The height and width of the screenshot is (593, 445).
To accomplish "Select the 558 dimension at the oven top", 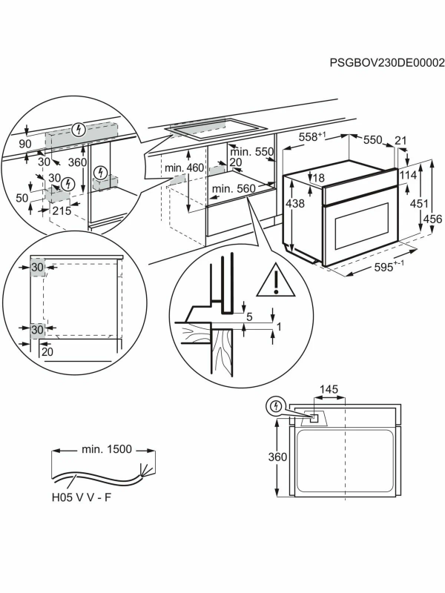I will (x=312, y=136).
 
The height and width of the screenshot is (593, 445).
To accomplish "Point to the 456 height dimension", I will (x=433, y=219).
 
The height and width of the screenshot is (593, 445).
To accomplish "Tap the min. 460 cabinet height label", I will (x=184, y=168).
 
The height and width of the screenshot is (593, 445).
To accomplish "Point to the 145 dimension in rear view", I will (x=329, y=390).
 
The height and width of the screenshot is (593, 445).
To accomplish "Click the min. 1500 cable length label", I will (x=103, y=449).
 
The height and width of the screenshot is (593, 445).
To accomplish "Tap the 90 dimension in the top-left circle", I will (x=24, y=143).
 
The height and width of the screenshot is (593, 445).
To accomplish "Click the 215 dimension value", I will (x=62, y=211).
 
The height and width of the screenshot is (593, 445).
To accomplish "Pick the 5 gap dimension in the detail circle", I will (x=249, y=317).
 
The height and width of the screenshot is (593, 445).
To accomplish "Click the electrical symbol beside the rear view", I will (x=276, y=406).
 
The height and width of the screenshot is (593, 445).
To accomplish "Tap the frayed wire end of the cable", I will (x=147, y=470).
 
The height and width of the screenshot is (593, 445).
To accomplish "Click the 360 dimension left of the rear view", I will (x=277, y=458).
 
